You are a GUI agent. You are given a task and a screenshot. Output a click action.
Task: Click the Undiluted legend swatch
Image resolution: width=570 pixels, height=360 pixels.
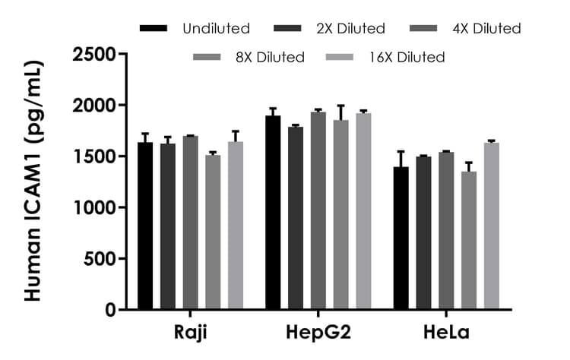(154, 29)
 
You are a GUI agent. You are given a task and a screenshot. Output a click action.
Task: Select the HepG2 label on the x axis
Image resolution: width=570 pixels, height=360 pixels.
(318, 334)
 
